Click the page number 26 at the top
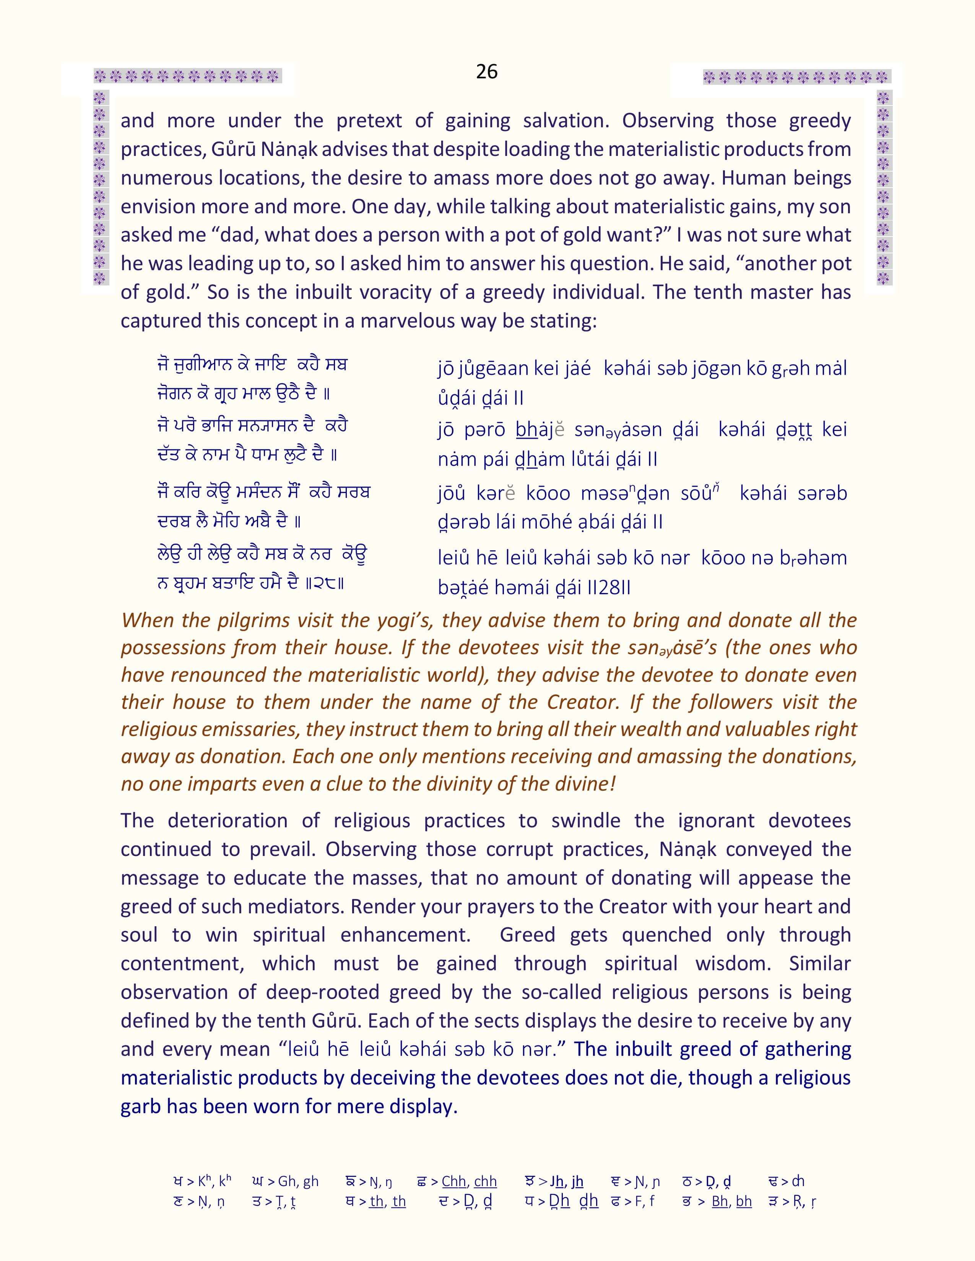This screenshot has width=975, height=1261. tap(487, 71)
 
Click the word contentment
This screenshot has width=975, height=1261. tap(181, 964)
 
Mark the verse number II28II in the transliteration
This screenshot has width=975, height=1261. tap(608, 588)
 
